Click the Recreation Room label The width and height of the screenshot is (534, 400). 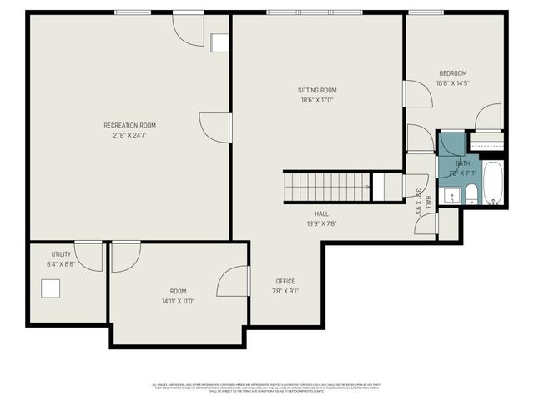pyautogui.click(x=129, y=125)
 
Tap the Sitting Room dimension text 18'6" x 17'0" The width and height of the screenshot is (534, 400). pyautogui.click(x=317, y=100)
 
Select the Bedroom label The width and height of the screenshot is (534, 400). pyautogui.click(x=453, y=73)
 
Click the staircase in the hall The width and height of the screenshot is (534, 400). pyautogui.click(x=327, y=187)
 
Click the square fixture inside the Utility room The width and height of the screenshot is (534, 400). pyautogui.click(x=52, y=288)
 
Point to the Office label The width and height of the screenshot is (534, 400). pyautogui.click(x=285, y=281)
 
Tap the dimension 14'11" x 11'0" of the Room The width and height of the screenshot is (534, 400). pyautogui.click(x=178, y=302)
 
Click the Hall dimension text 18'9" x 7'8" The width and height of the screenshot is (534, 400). pyautogui.click(x=321, y=223)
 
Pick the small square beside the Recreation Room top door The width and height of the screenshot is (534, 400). pyautogui.click(x=220, y=43)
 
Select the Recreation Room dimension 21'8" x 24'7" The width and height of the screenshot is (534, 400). pyautogui.click(x=129, y=135)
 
